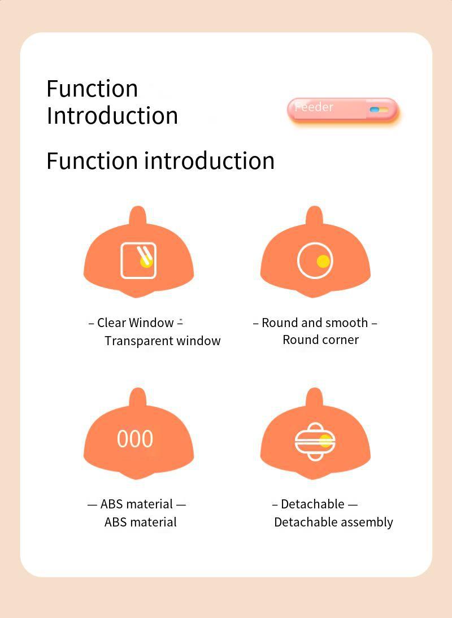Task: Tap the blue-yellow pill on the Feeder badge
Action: (379, 110)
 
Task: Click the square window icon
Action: (138, 260)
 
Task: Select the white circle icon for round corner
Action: (315, 260)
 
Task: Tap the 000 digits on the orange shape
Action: (135, 439)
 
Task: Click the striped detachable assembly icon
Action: (315, 442)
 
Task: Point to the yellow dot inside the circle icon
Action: (323, 262)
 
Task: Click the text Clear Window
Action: (135, 323)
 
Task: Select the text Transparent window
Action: (162, 341)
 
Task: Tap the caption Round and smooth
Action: (315, 323)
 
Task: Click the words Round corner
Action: (321, 340)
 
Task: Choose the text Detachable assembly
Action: (333, 522)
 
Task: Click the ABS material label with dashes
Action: (136, 504)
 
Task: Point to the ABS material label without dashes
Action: (141, 522)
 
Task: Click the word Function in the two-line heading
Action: (92, 89)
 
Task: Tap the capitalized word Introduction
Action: (112, 116)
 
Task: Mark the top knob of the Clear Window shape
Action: (137, 216)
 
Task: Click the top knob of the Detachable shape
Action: (315, 397)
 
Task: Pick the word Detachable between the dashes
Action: (312, 504)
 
